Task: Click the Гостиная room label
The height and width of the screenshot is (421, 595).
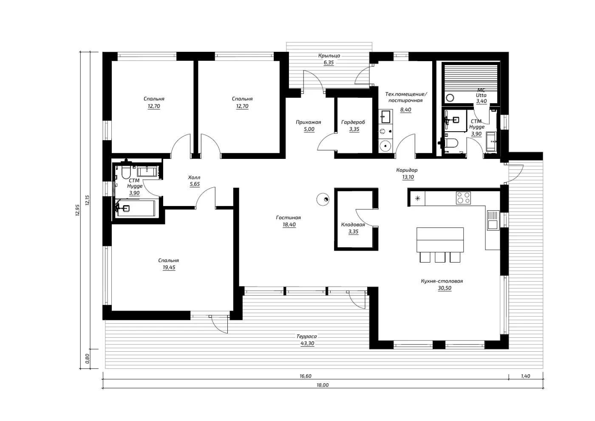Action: [289, 218]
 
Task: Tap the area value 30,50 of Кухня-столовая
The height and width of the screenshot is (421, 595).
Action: [445, 288]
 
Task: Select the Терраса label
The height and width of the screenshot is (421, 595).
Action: [306, 336]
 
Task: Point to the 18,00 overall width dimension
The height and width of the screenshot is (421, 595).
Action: [323, 385]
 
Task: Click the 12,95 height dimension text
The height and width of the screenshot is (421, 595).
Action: [77, 210]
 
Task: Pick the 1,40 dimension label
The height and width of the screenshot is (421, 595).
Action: [526, 376]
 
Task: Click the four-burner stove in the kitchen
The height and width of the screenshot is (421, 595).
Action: [464, 198]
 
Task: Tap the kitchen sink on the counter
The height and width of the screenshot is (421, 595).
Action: [493, 220]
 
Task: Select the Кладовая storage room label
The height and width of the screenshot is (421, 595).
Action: [353, 225]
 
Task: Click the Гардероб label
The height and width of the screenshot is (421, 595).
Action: [353, 122]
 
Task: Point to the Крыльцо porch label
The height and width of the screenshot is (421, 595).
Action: [329, 56]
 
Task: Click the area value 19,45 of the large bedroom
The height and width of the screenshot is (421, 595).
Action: [169, 268]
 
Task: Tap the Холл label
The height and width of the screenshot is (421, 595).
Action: [194, 177]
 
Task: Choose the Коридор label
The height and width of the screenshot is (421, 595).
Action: [407, 170]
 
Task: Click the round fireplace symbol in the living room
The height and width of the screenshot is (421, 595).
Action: [323, 199]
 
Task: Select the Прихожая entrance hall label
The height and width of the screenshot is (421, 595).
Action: [309, 122]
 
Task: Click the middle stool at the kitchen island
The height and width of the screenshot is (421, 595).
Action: [440, 257]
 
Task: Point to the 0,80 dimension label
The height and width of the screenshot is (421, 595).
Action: [88, 359]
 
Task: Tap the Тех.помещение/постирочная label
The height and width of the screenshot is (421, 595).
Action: [406, 97]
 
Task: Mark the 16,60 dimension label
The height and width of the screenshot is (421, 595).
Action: [306, 376]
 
